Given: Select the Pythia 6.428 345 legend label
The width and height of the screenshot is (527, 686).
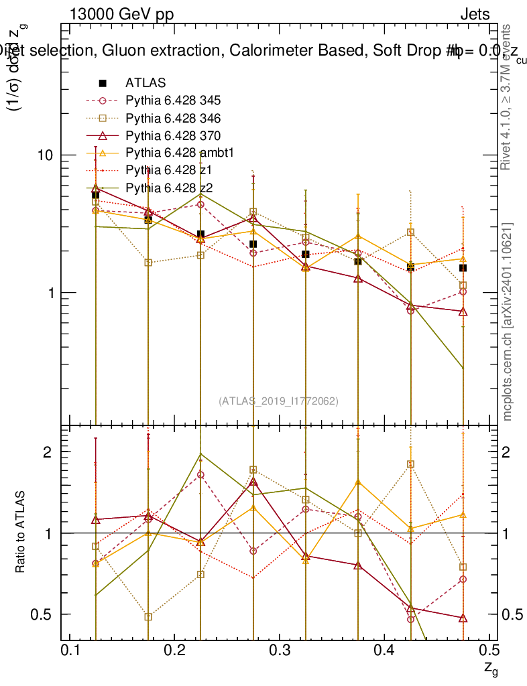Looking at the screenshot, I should [x=173, y=100].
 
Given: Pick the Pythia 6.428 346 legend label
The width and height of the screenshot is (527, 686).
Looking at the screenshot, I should [x=173, y=118].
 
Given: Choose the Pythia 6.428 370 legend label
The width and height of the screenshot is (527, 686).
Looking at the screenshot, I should [x=173, y=135].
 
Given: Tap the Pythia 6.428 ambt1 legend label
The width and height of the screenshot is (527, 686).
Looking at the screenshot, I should [x=179, y=153].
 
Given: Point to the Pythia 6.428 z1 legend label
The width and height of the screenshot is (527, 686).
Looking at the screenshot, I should [x=169, y=170].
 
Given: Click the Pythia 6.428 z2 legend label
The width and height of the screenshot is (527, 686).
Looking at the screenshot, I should [x=169, y=188].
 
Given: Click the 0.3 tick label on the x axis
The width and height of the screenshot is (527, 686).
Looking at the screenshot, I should [x=279, y=650].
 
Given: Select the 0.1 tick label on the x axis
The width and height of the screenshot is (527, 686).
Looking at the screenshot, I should [x=70, y=650].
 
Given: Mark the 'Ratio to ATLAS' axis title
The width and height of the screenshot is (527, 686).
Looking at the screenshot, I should [x=21, y=532].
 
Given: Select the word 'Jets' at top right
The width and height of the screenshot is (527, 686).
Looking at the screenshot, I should [x=474, y=14].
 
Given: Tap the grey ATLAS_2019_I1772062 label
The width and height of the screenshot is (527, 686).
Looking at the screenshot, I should [x=278, y=401].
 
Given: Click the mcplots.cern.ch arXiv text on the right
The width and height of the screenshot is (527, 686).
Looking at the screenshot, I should [x=508, y=322].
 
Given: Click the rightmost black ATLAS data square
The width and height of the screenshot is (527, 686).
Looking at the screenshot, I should [x=463, y=268].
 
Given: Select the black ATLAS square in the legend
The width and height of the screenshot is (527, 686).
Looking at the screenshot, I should [x=103, y=83].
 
